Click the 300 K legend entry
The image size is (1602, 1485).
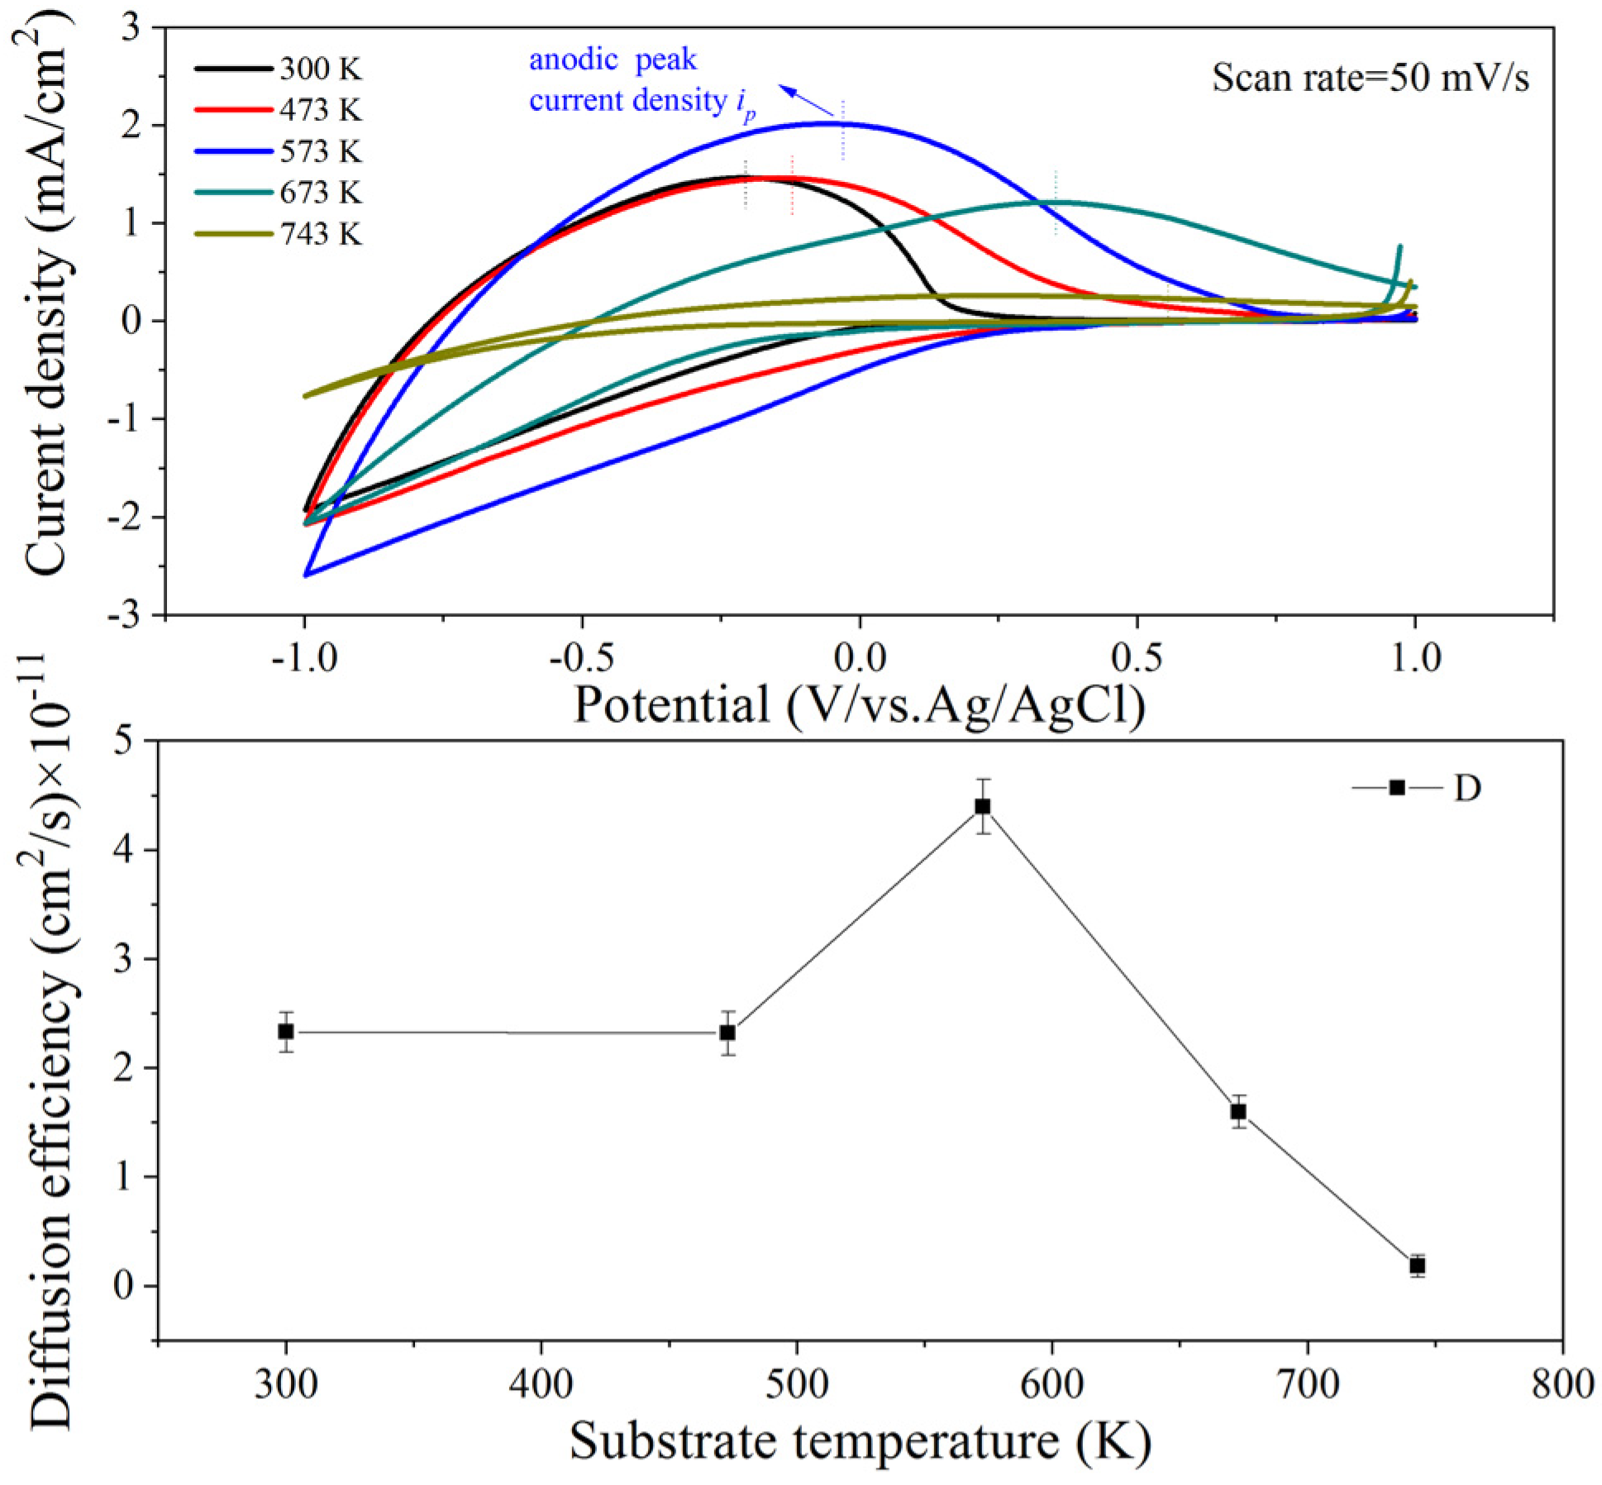(x=279, y=69)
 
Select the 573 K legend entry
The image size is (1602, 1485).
(x=279, y=151)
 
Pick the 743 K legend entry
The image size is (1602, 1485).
(x=279, y=234)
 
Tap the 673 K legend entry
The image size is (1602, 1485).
(x=279, y=193)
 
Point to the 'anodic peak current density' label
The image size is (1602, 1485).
(x=641, y=81)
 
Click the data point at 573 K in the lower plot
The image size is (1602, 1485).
(x=983, y=806)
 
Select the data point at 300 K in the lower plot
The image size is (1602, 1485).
(x=286, y=1032)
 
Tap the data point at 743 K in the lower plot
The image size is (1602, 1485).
(x=1418, y=1266)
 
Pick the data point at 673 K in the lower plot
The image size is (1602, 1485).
(x=1238, y=1111)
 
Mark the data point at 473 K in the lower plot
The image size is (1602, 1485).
(x=727, y=1033)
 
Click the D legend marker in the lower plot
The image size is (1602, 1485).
(x=1397, y=787)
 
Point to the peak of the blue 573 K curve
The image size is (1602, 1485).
(x=827, y=124)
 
